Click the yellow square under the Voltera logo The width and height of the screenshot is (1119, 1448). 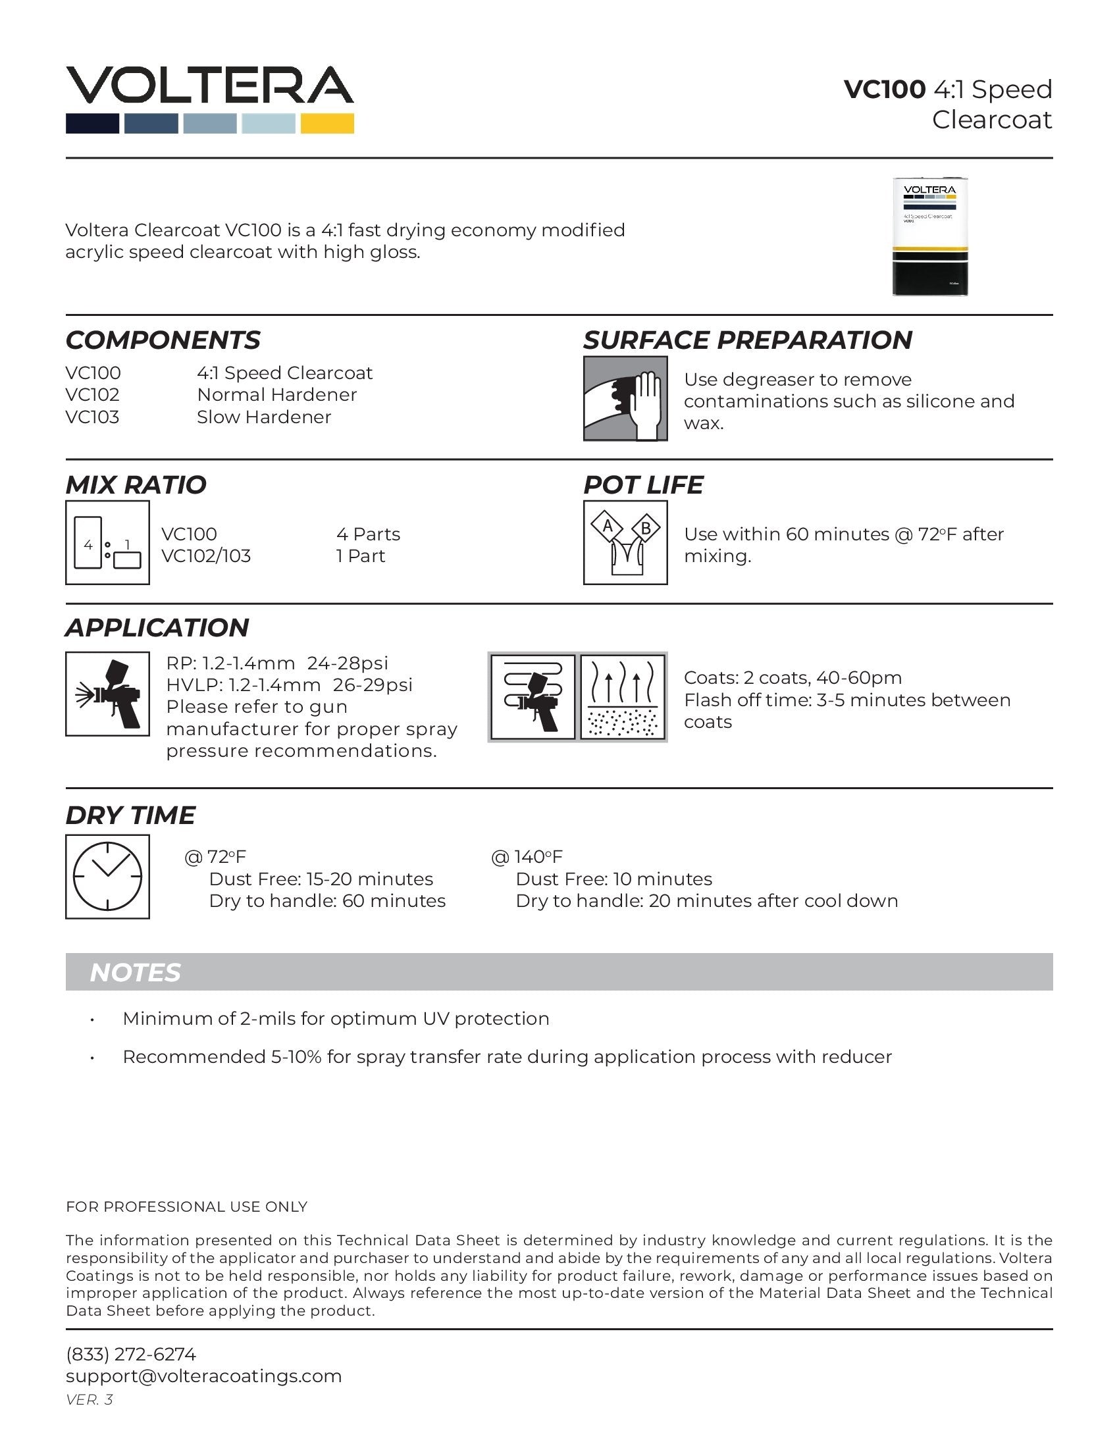[x=327, y=123]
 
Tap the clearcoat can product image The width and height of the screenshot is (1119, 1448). [x=929, y=237]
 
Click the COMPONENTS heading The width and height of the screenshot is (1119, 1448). [x=163, y=340]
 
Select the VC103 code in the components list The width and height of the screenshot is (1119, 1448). [x=92, y=417]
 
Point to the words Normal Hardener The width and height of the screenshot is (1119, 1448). [x=276, y=394]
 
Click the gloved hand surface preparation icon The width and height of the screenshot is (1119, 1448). [x=625, y=398]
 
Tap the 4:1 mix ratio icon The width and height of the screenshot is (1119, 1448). [x=107, y=542]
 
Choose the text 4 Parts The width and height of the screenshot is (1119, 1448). [x=368, y=534]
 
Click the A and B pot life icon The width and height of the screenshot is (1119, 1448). [x=625, y=542]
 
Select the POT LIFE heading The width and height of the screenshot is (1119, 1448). [x=642, y=484]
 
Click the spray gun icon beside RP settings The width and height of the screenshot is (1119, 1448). [x=107, y=694]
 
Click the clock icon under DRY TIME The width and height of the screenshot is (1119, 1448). [x=107, y=876]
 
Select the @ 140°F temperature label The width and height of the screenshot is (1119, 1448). [x=527, y=856]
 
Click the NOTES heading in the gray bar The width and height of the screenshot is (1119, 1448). [x=134, y=973]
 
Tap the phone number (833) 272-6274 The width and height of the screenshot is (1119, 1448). [x=130, y=1354]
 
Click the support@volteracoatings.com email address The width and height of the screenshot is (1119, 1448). [x=203, y=1376]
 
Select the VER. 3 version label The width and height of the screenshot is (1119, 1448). [x=89, y=1399]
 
